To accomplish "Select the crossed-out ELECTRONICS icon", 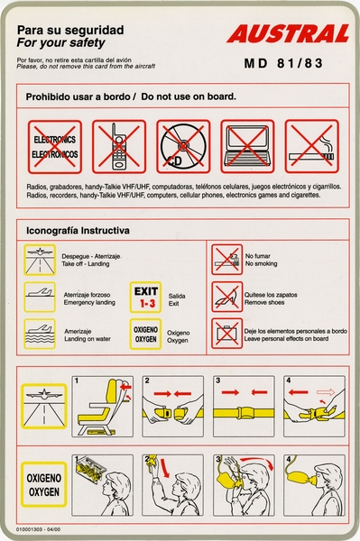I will (54, 147).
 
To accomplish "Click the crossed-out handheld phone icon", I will (118, 147).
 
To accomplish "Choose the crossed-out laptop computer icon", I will (247, 147).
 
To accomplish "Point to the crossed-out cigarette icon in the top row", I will (311, 147).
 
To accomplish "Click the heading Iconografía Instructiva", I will (78, 231).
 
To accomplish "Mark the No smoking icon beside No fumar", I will (226, 260).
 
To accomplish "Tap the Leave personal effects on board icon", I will (226, 333).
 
